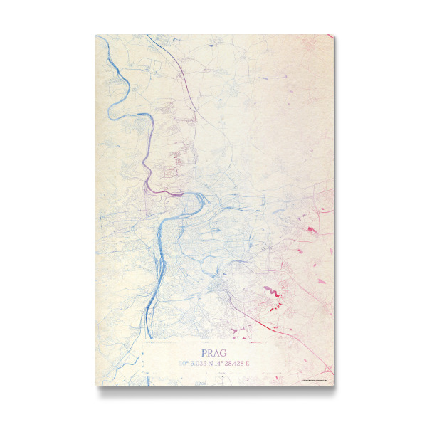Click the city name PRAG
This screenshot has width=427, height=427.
click(213, 352)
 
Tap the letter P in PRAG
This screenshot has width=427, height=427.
click(204, 352)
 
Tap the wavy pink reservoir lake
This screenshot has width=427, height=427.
click(271, 291)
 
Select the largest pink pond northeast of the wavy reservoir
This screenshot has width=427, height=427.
click(312, 229)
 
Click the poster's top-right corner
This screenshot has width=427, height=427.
click(334, 35)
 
